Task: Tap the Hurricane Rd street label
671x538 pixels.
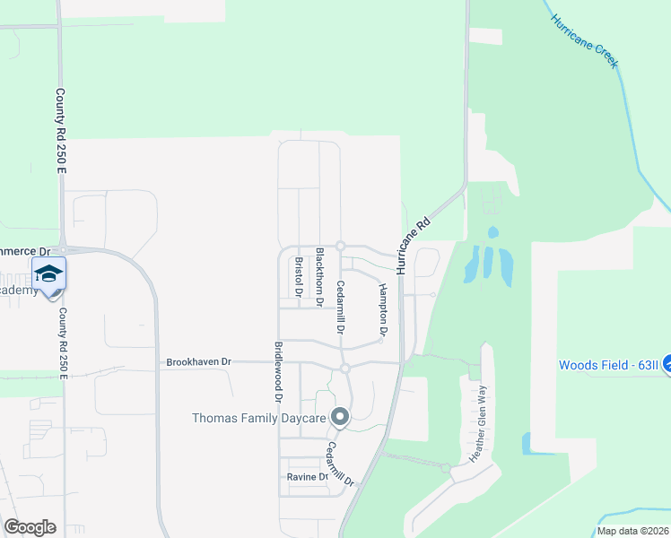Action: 413,244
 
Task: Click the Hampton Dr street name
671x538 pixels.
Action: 383,309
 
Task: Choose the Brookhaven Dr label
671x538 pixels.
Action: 198,362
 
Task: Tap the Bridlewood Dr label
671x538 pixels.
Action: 279,371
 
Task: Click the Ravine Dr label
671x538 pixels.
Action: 307,477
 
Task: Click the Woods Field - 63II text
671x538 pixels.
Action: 608,365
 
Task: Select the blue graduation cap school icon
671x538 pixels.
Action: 48,273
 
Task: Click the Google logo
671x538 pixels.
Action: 30,527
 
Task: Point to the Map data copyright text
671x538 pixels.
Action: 632,531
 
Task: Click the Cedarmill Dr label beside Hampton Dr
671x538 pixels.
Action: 340,307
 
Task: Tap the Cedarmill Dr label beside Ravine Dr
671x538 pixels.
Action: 340,464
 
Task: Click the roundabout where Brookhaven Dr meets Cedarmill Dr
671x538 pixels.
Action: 344,369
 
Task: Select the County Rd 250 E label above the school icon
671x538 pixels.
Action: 62,131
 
